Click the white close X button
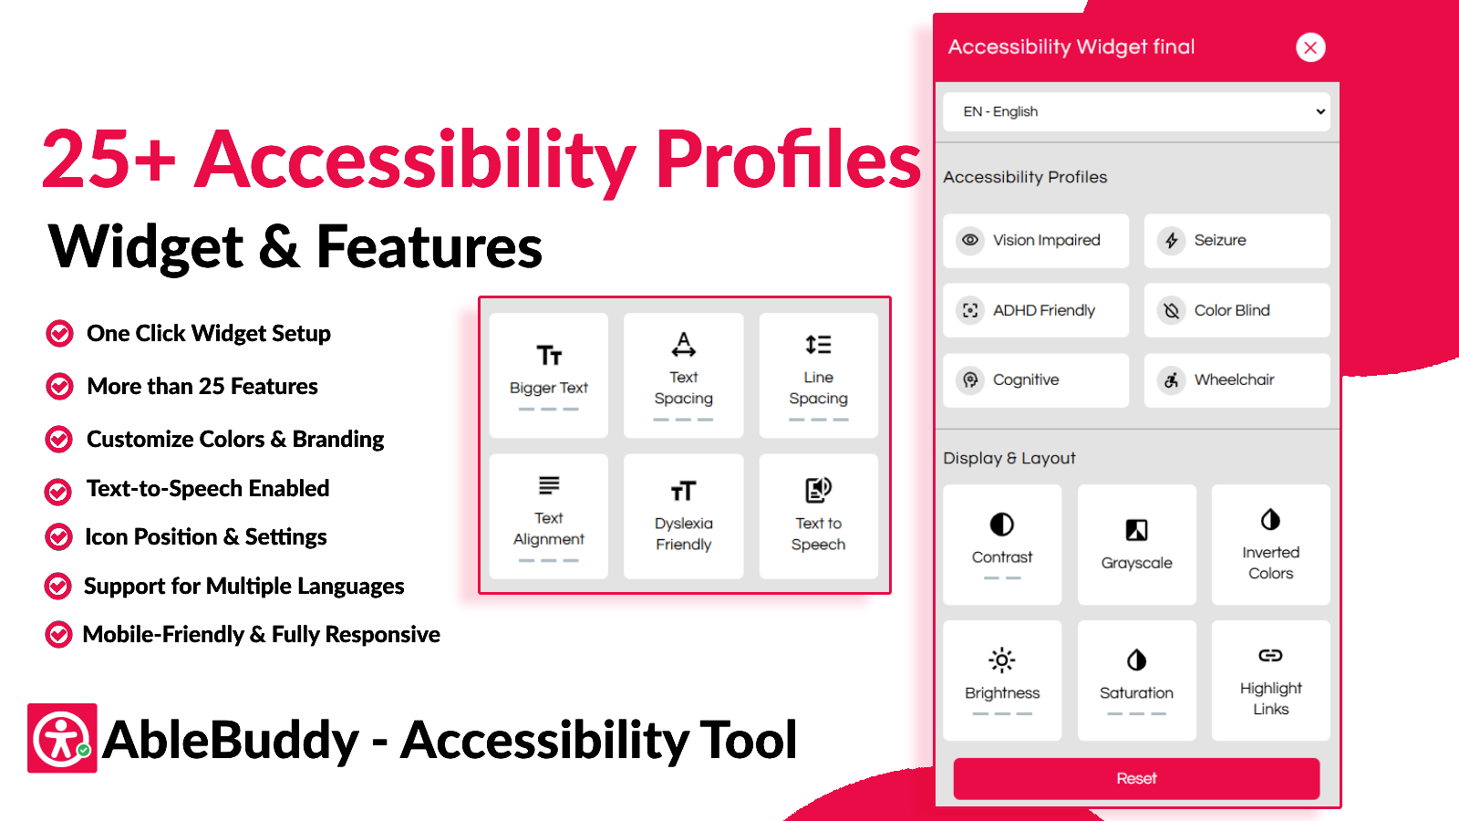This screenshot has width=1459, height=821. coord(1310,47)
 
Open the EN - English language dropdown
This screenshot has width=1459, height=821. coord(1136,111)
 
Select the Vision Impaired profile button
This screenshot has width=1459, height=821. coord(1036,241)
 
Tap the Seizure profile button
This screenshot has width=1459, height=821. coord(1237,241)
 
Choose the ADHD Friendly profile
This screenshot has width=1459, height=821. coord(1036,310)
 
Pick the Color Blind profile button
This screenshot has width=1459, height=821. coord(1237,310)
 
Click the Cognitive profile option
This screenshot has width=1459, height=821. coord(1036,379)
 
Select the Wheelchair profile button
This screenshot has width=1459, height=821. coord(1237,379)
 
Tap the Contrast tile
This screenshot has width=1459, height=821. coord(1002,545)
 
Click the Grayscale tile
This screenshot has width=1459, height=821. coord(1136,545)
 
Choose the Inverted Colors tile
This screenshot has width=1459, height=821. coord(1271,545)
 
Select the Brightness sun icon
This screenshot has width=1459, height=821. coord(1002,660)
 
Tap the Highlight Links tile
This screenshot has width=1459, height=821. coord(1271,681)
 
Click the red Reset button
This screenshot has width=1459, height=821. coord(1136,779)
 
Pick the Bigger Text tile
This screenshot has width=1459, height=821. coord(548,375)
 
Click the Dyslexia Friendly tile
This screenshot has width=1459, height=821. coord(683,516)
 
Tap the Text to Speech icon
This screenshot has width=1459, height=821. coord(818,490)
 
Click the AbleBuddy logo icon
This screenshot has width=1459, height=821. coord(63,738)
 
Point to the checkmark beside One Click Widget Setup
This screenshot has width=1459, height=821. coord(59,334)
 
